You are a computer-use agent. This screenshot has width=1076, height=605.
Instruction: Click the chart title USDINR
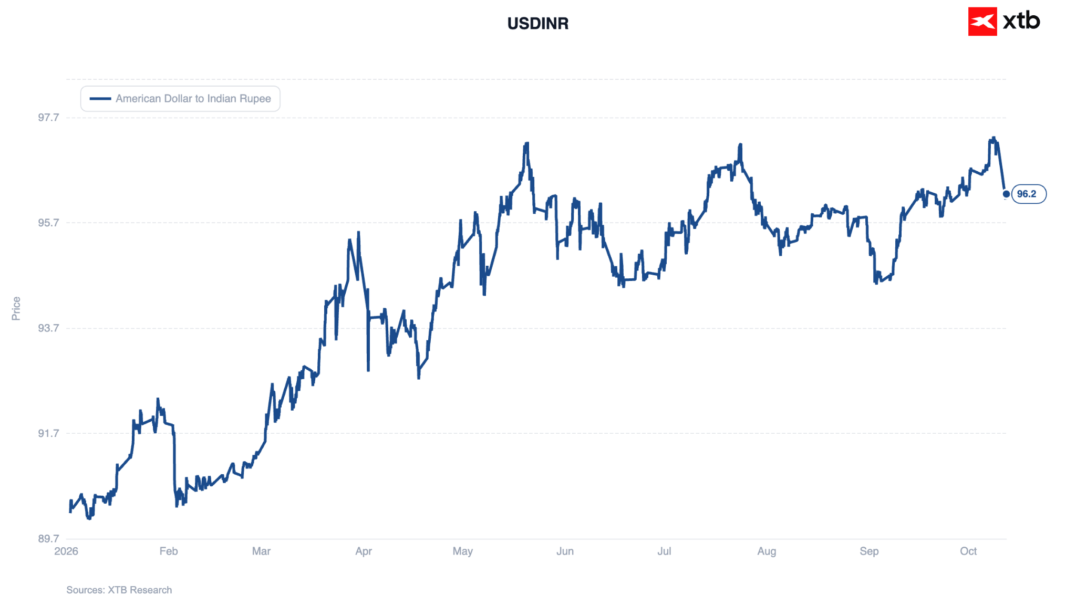(537, 24)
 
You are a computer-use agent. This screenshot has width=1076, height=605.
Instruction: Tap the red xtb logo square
(982, 22)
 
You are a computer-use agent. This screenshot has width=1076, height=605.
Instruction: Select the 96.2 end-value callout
(1029, 194)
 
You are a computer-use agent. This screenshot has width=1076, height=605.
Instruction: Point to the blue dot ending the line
(1006, 194)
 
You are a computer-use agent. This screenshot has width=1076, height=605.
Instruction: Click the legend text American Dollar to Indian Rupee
(193, 99)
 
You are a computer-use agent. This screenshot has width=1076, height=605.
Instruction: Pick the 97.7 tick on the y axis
(48, 117)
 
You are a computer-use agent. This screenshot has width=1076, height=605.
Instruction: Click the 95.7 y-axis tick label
(48, 223)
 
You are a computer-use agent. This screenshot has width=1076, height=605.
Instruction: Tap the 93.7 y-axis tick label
(48, 328)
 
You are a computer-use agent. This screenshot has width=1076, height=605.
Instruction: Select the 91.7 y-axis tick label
(48, 433)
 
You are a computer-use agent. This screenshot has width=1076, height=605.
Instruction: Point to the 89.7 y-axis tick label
(48, 538)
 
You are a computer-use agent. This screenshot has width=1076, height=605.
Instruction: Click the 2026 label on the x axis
(66, 551)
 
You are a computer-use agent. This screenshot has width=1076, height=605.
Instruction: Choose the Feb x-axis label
(169, 551)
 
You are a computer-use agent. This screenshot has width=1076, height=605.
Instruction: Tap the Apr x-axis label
(364, 551)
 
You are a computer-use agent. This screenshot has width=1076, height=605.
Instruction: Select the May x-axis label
(463, 551)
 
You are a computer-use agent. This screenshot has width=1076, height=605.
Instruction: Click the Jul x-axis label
(664, 551)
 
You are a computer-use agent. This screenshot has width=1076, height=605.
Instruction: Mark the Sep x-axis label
(869, 551)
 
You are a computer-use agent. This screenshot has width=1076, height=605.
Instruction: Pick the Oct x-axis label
(968, 551)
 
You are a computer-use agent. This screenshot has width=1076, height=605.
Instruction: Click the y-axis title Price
(16, 308)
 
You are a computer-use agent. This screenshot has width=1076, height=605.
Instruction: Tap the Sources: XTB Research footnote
(119, 590)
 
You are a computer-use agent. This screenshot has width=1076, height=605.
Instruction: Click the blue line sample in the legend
(100, 99)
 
